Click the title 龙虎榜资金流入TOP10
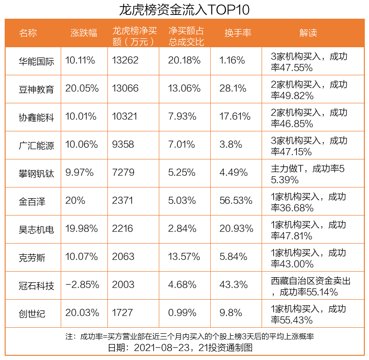[184, 9]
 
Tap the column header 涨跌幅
[84, 33]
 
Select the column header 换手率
[238, 33]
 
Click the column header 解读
[308, 33]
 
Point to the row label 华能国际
[36, 61]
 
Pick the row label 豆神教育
[36, 89]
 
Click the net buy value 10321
[125, 117]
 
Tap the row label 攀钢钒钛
[36, 173]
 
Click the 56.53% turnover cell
[236, 201]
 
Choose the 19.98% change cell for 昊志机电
[82, 229]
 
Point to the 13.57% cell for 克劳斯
[184, 257]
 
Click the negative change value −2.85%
[83, 285]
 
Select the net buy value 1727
[122, 313]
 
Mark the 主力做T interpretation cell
[308, 173]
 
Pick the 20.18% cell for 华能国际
[184, 61]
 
